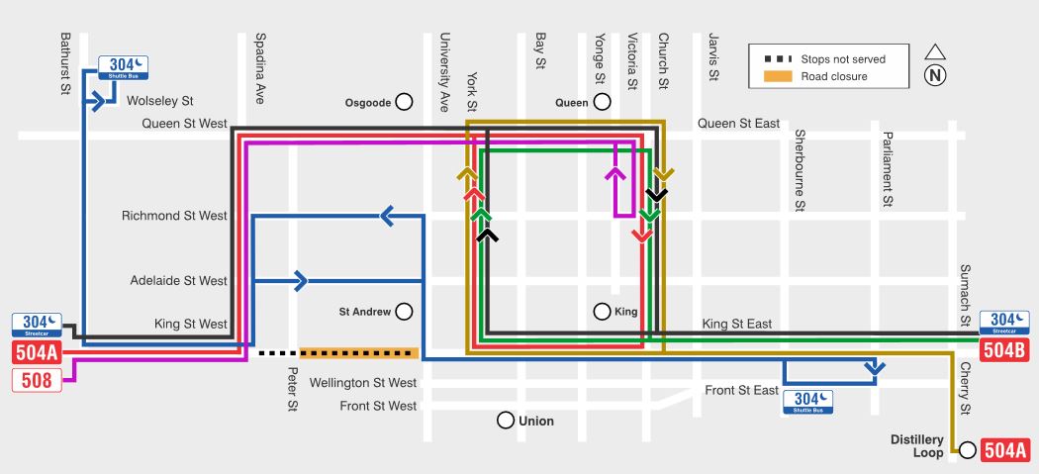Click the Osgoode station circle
[404, 102]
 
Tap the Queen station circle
[602, 102]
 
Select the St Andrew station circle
[404, 312]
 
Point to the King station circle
[602, 312]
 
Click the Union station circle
[507, 421]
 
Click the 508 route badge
[37, 378]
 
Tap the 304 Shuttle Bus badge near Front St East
[807, 402]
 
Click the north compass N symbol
[935, 76]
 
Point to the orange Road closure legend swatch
[777, 77]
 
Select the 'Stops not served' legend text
[843, 59]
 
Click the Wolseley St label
[159, 101]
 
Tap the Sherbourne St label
[801, 169]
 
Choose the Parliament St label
[888, 169]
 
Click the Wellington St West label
[363, 383]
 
